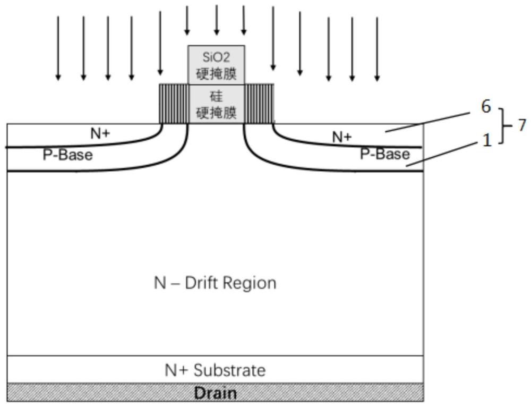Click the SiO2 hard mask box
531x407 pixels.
tap(217, 65)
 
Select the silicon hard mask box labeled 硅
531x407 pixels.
tap(217, 104)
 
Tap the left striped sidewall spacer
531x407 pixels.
tap(174, 104)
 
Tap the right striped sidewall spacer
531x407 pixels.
tap(259, 104)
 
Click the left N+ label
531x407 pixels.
tap(100, 134)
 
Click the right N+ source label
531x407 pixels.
tap(342, 137)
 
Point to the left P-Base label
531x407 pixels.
tap(68, 155)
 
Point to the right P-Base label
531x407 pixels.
tap(384, 154)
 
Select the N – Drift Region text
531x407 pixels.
tap(216, 283)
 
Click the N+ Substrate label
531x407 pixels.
tap(216, 370)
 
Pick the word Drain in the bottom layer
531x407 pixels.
tap(216, 393)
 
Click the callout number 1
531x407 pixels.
tap(487, 140)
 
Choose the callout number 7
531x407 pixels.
tap(522, 125)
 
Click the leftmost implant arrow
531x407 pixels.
tap(58, 48)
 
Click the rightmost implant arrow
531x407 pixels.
tap(377, 49)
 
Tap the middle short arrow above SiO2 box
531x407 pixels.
tap(217, 20)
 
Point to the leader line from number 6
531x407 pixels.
tap(426, 122)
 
